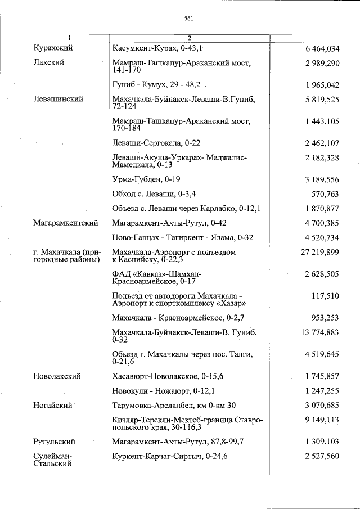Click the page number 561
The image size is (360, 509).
pyautogui.click(x=188, y=18)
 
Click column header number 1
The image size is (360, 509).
pyautogui.click(x=70, y=38)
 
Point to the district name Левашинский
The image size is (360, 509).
pyautogui.click(x=58, y=99)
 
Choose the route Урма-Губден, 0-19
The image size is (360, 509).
pyautogui.click(x=146, y=179)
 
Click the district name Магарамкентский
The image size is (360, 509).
pyautogui.click(x=66, y=223)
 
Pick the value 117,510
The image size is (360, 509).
pyautogui.click(x=325, y=296)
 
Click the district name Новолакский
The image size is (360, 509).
pyautogui.click(x=57, y=376)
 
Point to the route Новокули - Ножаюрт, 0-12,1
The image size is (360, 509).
pyautogui.click(x=163, y=390)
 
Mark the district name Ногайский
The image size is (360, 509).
pyautogui.click(x=53, y=405)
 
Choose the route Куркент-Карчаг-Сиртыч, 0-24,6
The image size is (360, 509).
pyautogui.click(x=169, y=456)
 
